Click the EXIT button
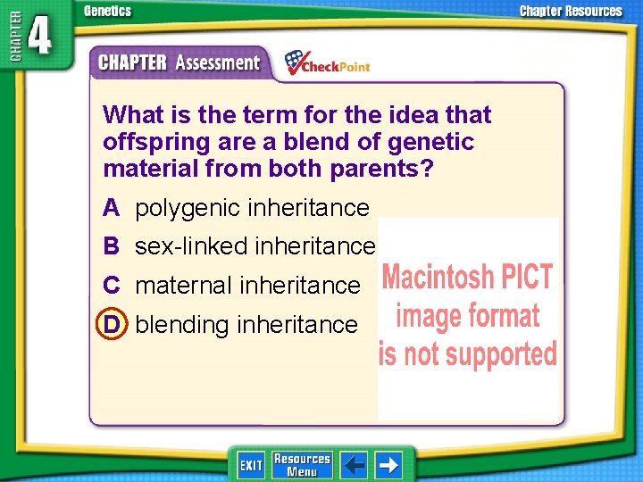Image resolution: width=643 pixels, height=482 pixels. pyautogui.click(x=251, y=465)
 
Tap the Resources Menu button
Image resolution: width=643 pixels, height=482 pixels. pyautogui.click(x=301, y=465)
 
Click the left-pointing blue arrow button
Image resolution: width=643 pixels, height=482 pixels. pyautogui.click(x=354, y=465)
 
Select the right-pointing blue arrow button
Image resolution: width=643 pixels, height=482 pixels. pyautogui.click(x=388, y=465)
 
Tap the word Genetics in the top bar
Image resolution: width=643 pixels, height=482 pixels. pyautogui.click(x=107, y=12)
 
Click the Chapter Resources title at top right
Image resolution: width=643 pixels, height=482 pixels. pyautogui.click(x=571, y=12)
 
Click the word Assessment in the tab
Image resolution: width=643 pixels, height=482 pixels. pyautogui.click(x=217, y=62)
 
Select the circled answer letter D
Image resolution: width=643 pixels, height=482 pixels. pyautogui.click(x=111, y=324)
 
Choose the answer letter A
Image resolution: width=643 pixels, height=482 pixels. pyautogui.click(x=111, y=208)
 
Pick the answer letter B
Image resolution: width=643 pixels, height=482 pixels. pyautogui.click(x=111, y=245)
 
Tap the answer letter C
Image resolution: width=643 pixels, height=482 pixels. pyautogui.click(x=111, y=285)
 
